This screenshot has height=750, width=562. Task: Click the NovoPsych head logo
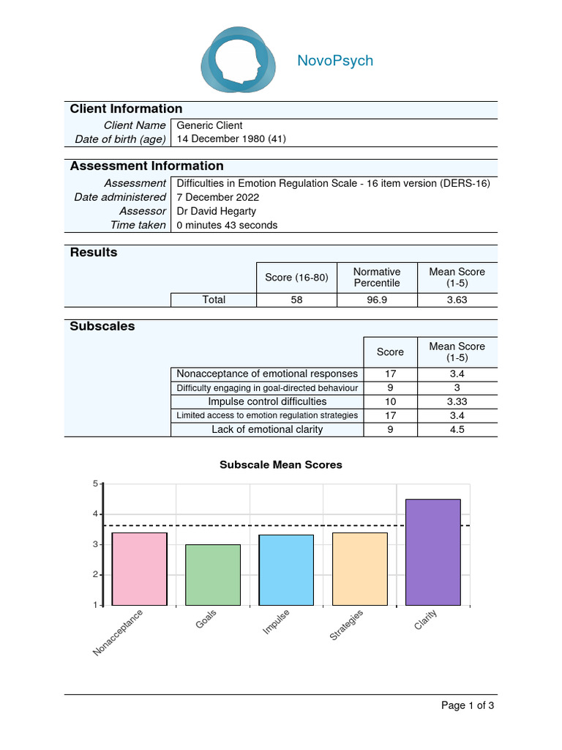coord(239,59)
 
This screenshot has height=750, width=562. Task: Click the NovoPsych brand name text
coord(335,61)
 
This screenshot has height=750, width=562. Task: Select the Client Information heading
coord(126,109)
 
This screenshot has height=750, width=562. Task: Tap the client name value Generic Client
coord(210,125)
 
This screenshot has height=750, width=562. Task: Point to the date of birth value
coord(231,139)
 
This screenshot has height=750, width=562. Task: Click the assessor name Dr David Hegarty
coord(217,211)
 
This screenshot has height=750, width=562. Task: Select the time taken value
coord(228,225)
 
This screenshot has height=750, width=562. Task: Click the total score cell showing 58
coord(296,300)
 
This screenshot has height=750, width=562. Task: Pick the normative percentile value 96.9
coord(377,300)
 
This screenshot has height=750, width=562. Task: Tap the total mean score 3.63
coord(457,300)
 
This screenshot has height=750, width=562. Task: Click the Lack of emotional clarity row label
coord(267,429)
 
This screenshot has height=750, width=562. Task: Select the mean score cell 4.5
coord(457,429)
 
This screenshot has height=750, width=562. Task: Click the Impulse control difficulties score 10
coord(390,401)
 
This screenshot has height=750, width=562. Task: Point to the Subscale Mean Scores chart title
coord(281,464)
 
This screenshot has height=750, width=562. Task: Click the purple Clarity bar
coord(432,552)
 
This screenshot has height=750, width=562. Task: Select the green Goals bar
coord(213,575)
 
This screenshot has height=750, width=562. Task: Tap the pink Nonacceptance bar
coord(139,568)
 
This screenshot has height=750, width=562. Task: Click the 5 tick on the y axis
coord(95,483)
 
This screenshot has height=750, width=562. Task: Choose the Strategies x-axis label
coord(346,625)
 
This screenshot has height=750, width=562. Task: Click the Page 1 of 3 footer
coord(468,705)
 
